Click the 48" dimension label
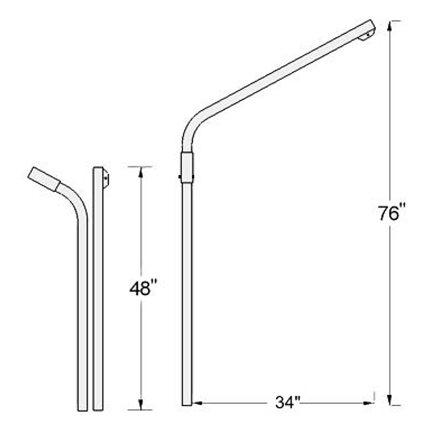tap(143, 288)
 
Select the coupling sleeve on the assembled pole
tap(187, 168)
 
